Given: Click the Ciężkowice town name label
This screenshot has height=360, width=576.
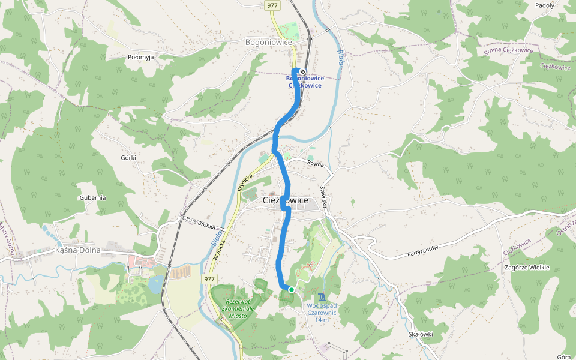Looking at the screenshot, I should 286,200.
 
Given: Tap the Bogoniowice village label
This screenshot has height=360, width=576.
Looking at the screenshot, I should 268,43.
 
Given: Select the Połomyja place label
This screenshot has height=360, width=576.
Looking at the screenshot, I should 141,57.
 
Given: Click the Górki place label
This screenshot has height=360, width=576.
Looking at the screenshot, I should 128,158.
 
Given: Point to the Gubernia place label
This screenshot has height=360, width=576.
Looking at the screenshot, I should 92,197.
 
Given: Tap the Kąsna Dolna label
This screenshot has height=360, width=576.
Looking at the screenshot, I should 77,250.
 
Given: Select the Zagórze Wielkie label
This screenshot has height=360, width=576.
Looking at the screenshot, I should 527,268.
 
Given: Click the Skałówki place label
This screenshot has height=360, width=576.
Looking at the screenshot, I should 420,334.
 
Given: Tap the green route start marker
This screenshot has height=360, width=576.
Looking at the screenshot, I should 292,289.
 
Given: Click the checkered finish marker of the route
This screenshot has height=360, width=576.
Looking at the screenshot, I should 302,72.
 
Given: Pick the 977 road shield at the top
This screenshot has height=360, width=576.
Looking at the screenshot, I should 272,5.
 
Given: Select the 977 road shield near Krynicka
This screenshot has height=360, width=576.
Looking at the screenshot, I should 209,279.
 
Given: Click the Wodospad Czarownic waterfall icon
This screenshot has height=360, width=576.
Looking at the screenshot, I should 322,296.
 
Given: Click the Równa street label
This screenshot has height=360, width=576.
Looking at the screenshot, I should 316,163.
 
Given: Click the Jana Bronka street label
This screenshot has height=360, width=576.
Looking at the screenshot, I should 200,223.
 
